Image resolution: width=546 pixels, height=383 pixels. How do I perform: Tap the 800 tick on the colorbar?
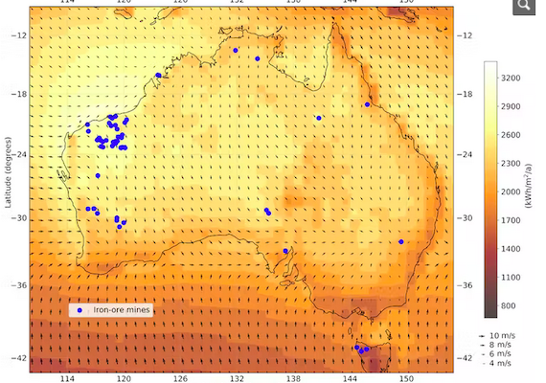(511, 305)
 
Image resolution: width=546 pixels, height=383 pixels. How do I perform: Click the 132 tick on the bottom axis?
(236, 379)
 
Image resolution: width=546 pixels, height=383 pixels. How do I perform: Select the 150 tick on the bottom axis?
(406, 379)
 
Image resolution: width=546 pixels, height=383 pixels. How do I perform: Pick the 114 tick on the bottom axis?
(66, 379)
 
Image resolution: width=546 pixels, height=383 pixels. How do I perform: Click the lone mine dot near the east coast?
(401, 241)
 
